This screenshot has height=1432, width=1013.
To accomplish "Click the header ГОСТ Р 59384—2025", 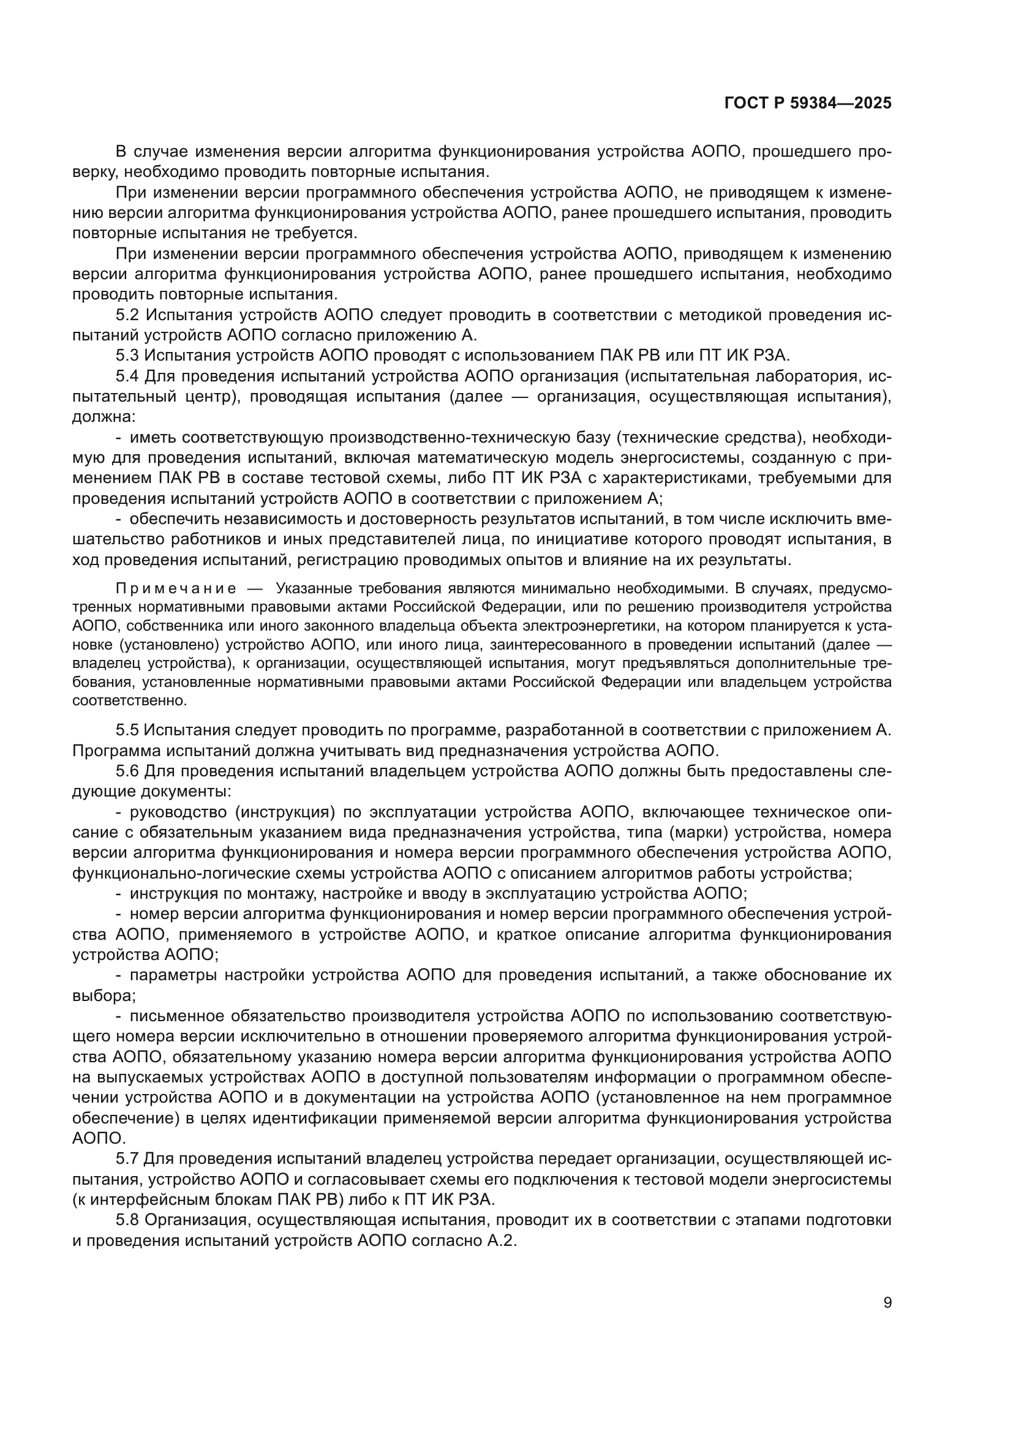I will click(808, 103).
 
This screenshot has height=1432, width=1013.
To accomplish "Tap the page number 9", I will click(887, 1302).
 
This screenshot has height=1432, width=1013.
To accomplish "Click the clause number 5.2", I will click(128, 315).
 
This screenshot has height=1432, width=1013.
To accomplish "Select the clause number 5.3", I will click(128, 356).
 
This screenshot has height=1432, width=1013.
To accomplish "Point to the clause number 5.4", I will click(128, 376).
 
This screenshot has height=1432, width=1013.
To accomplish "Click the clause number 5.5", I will click(128, 730).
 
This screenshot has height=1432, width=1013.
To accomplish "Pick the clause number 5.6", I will click(128, 771).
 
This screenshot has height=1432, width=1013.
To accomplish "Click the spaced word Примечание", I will click(176, 589).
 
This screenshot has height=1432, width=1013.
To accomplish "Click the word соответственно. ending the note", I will click(130, 700).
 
